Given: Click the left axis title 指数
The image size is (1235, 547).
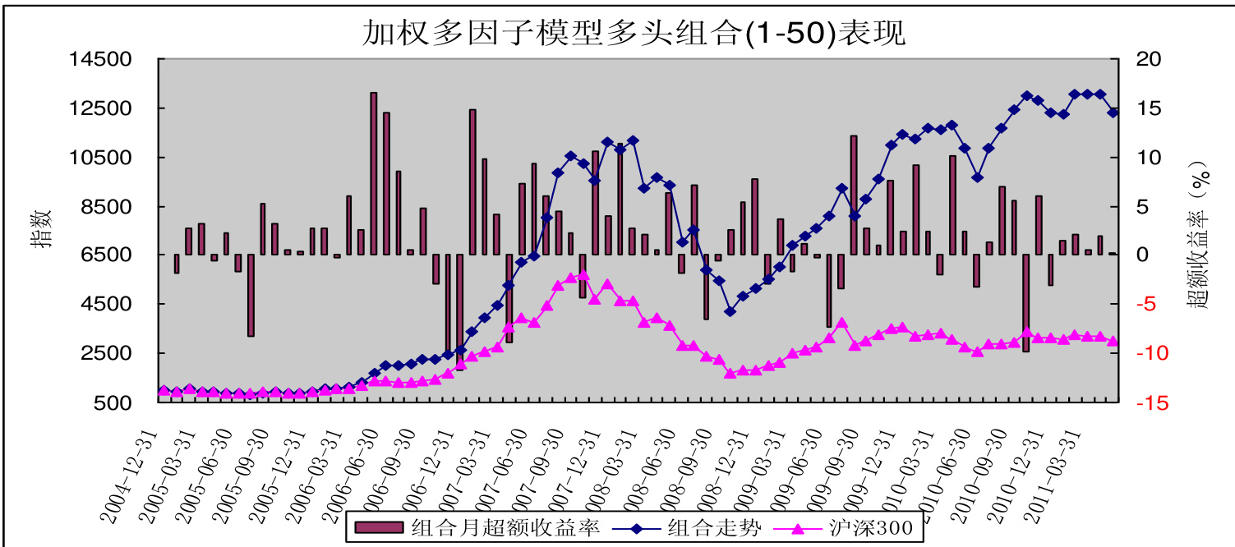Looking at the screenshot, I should [x=42, y=228].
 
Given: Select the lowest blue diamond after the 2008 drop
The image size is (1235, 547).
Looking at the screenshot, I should [x=730, y=311].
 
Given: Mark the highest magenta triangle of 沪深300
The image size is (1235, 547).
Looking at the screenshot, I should [x=583, y=275].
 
